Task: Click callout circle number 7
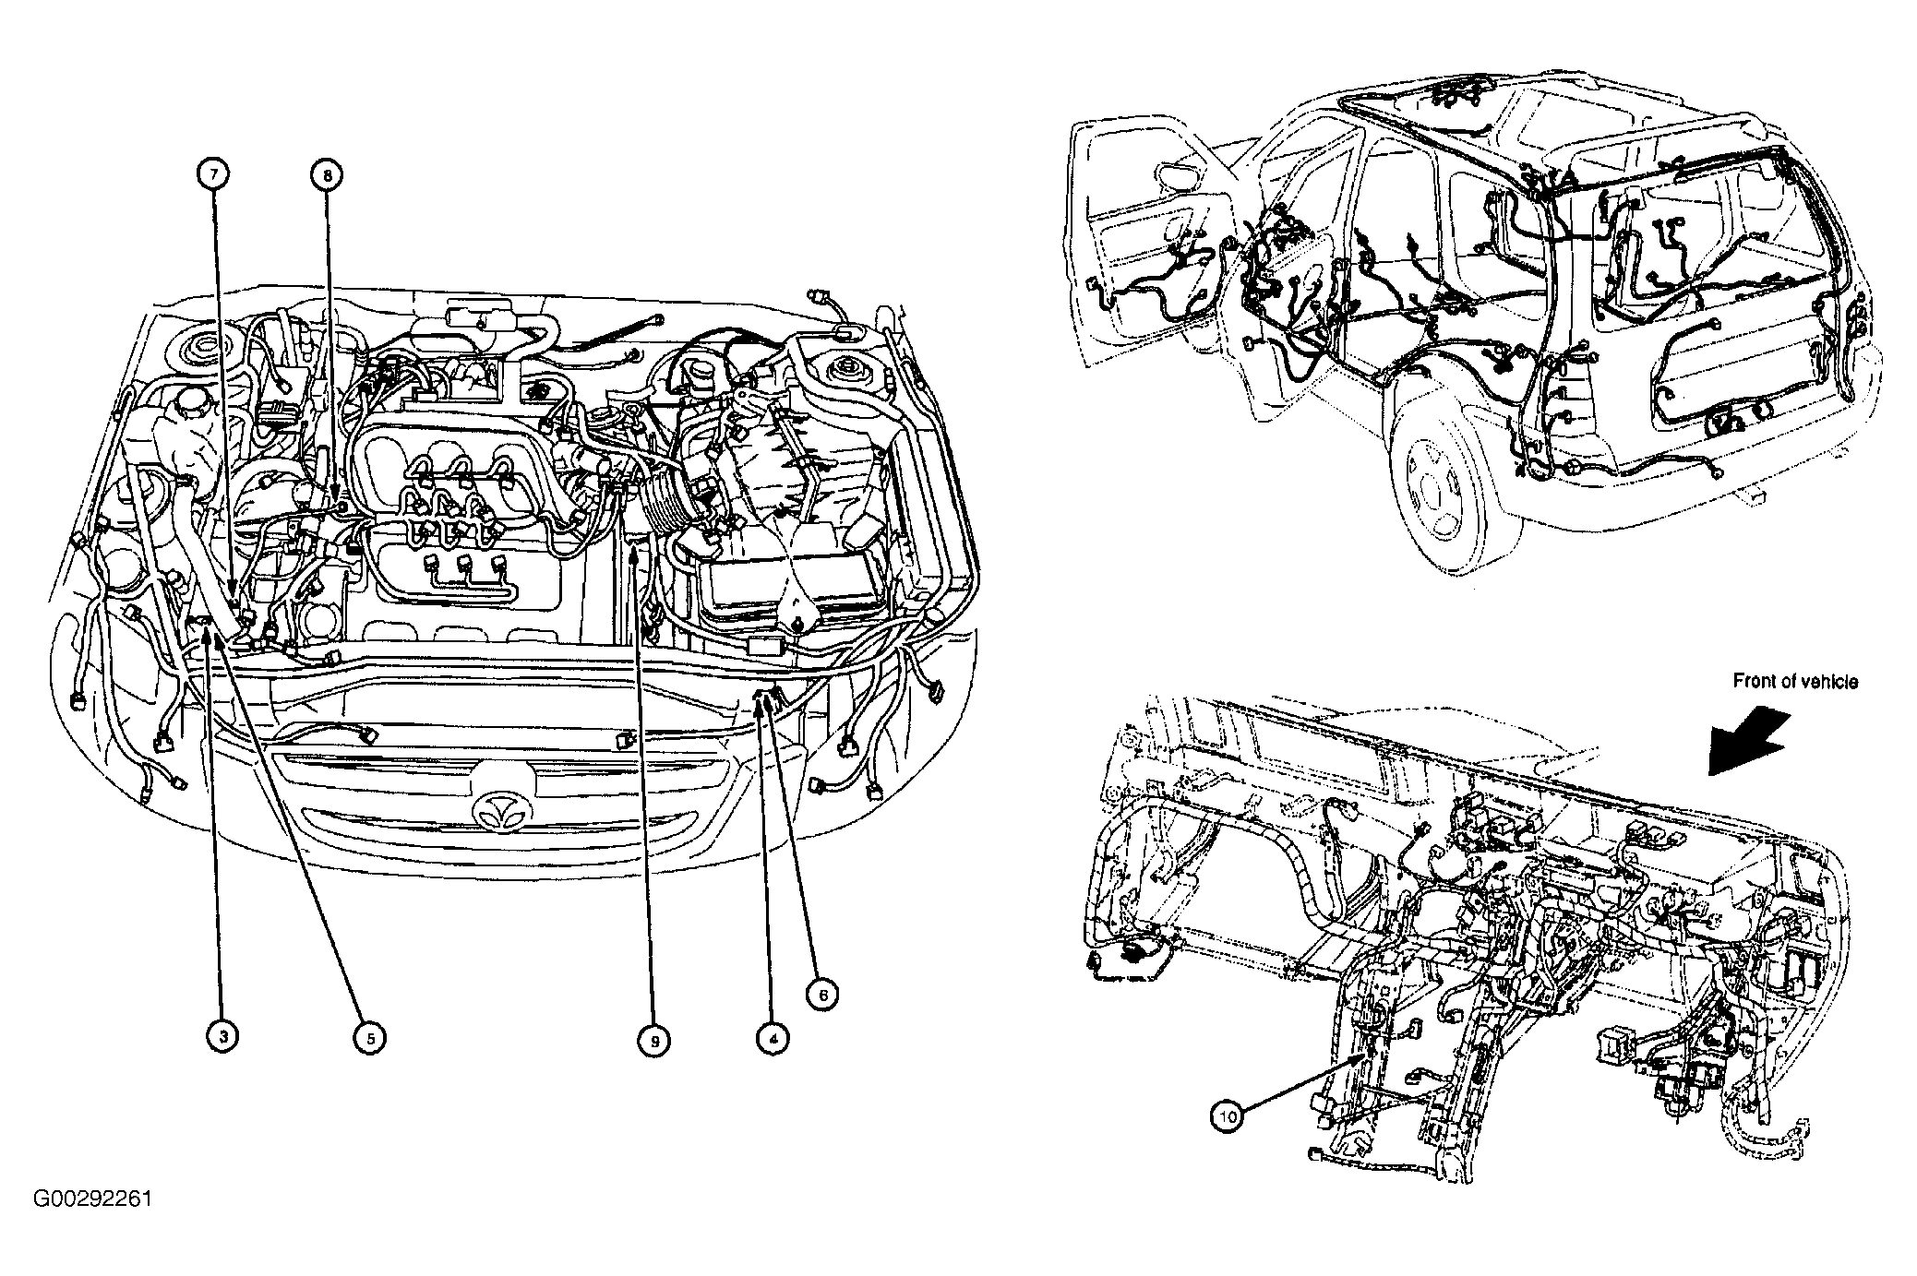214,173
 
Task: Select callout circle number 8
326,173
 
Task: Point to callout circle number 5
369,1037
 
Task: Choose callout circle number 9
653,1040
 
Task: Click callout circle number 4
773,1038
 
